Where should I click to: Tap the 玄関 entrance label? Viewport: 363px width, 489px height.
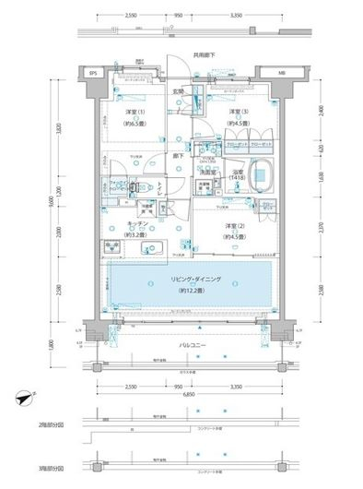(x=179, y=91)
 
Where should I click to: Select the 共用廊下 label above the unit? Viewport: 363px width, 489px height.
(x=192, y=55)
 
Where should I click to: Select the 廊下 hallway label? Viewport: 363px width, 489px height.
(x=176, y=157)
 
